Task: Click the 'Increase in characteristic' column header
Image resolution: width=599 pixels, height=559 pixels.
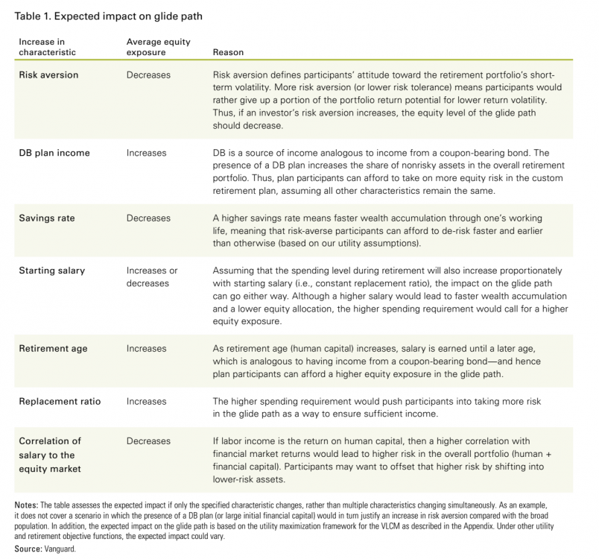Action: [47, 47]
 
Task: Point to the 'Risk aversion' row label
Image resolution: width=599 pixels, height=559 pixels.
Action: [48, 75]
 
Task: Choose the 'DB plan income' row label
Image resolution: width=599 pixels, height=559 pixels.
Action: [54, 153]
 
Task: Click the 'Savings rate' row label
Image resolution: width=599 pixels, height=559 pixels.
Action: [47, 218]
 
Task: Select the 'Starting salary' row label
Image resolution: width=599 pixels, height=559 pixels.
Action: [52, 271]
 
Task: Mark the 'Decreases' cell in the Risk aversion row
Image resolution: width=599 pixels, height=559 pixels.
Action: [148, 75]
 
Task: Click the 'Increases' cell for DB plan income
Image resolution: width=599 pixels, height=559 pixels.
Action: [147, 153]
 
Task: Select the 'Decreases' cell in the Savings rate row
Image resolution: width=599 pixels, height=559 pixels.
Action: [148, 218]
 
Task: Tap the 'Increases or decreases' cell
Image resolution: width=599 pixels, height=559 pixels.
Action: [152, 277]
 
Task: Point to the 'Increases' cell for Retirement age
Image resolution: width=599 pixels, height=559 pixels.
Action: [147, 348]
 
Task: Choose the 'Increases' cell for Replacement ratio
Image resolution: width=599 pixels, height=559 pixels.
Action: [147, 401]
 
